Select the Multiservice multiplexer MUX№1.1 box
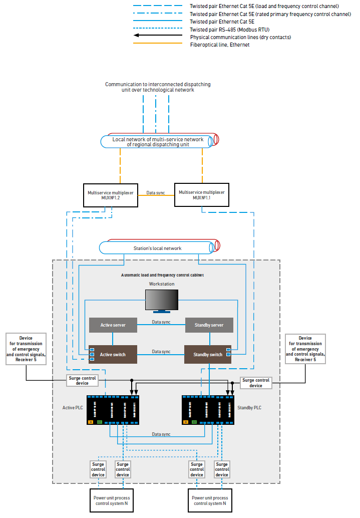202,195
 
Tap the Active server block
113,325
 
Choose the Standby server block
209,325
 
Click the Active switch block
113,354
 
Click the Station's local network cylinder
158,248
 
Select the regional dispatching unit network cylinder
158,142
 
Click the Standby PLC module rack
208,410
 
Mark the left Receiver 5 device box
26,349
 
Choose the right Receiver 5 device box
305,349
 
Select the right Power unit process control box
209,500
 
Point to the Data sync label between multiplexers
155,192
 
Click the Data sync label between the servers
161,322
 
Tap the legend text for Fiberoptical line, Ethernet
219,45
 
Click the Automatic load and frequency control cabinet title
162,275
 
